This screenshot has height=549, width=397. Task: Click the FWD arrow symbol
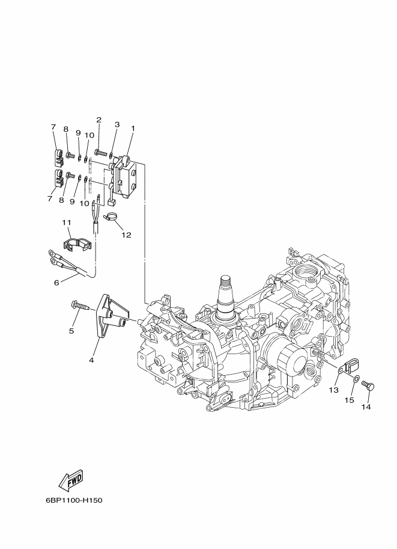tap(71, 479)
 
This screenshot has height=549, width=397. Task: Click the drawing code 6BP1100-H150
tap(74, 500)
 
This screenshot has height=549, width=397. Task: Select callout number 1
tap(133, 129)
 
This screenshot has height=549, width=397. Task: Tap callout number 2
tap(99, 120)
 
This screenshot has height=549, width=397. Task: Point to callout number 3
tap(117, 124)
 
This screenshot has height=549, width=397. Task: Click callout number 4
tap(91, 360)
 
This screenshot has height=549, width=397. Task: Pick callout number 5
tap(71, 331)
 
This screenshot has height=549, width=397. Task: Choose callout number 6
tap(56, 283)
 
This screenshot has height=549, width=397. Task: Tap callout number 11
tap(67, 222)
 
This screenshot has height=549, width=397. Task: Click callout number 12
tap(126, 235)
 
